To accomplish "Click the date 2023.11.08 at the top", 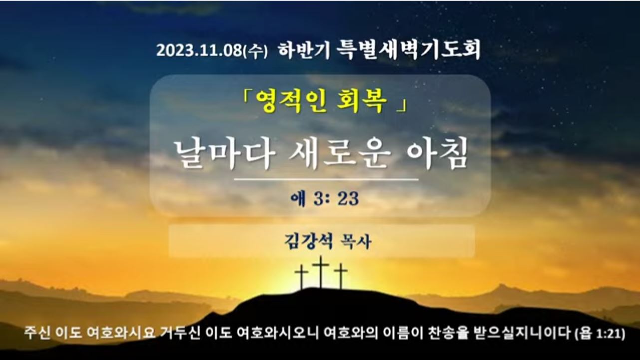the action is coord(199,50).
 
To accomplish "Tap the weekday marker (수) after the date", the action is coord(255,51).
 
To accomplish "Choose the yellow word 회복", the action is coord(362,102).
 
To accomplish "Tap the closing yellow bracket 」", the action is coord(401,105).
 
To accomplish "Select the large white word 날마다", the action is coord(225,154).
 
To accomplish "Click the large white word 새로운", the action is coord(339,154).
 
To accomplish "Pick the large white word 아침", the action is coord(437,154).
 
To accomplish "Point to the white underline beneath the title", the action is coord(326,180).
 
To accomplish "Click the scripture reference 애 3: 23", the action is coord(325,199).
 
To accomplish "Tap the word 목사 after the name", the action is coord(356,242).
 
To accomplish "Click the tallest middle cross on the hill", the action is coord(320,272).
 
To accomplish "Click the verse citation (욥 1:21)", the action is coord(600,334).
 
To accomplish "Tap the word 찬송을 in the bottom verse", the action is coord(449,333).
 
